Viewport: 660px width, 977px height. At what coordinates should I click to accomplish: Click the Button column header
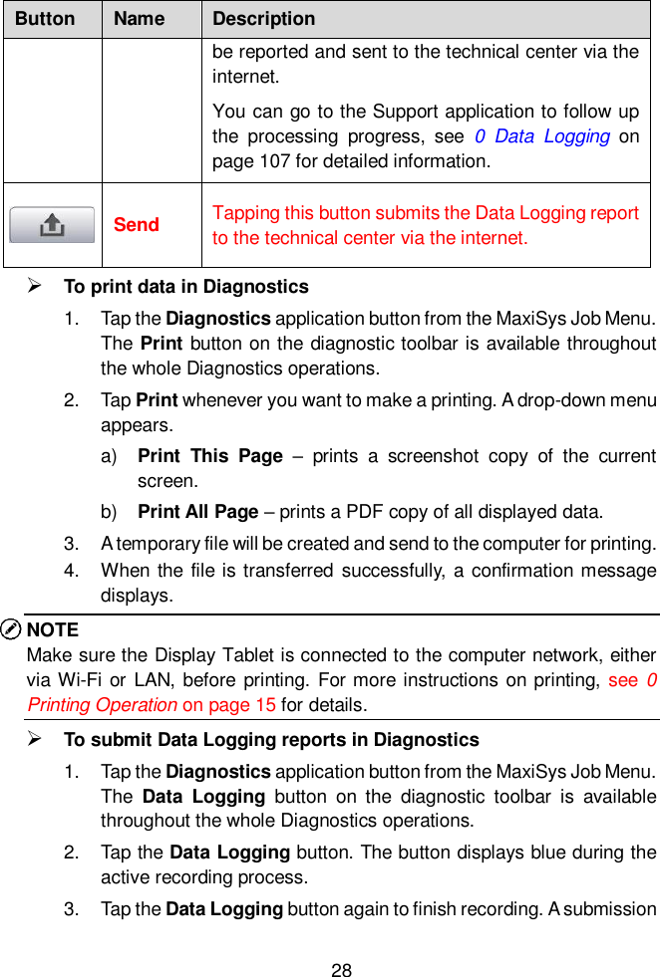coord(45,19)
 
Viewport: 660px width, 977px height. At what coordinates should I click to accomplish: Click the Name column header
coord(139,19)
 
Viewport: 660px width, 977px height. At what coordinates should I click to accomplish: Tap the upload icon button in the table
coord(52,225)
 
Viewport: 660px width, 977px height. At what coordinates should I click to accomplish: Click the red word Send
coord(137,225)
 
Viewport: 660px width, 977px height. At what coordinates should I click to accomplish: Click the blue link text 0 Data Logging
coord(542,136)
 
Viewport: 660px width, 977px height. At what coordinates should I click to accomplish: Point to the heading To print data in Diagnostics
coord(185,287)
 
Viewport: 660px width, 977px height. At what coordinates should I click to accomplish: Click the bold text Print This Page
coord(210,456)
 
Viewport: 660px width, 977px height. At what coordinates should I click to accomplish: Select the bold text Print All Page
coord(198,512)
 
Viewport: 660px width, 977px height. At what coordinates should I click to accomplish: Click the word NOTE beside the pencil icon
coord(53,629)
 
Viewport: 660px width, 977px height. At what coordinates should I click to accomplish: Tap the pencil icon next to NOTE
coord(12,629)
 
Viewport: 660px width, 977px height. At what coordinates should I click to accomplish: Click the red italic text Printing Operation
coord(102,705)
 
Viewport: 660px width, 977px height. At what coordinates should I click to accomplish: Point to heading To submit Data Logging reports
coord(271,740)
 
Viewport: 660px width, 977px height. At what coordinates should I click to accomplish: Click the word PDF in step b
coord(386,512)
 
